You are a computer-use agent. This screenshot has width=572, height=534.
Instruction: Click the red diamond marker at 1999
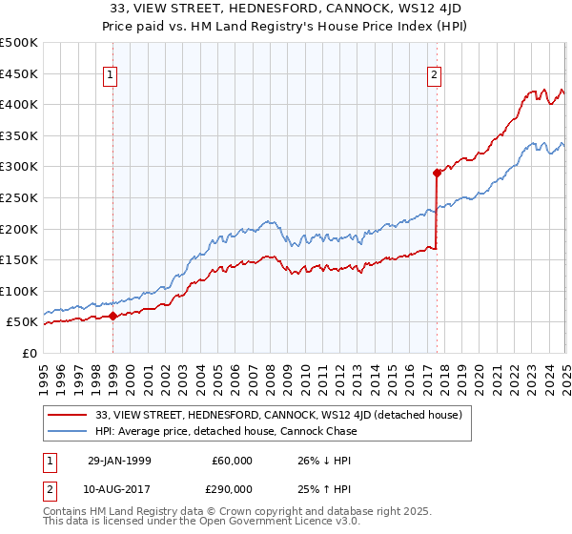[x=113, y=316]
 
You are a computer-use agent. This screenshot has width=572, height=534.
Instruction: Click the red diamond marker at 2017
[x=437, y=173]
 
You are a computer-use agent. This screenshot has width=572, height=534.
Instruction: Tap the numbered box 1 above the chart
[x=111, y=75]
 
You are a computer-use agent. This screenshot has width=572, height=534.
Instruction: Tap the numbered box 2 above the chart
[x=434, y=75]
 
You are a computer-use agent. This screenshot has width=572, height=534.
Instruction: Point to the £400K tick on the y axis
[x=18, y=104]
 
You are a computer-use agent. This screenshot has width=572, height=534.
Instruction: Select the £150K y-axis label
[x=18, y=259]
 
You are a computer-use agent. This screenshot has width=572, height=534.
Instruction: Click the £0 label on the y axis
[x=29, y=353]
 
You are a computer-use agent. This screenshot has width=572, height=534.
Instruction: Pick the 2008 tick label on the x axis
[x=270, y=373]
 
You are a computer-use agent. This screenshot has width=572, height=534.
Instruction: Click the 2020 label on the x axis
[x=479, y=373]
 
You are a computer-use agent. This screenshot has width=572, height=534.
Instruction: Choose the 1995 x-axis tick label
[x=44, y=373]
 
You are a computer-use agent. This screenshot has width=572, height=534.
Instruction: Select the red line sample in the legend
[x=68, y=415]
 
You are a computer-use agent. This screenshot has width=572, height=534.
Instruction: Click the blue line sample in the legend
[x=68, y=431]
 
